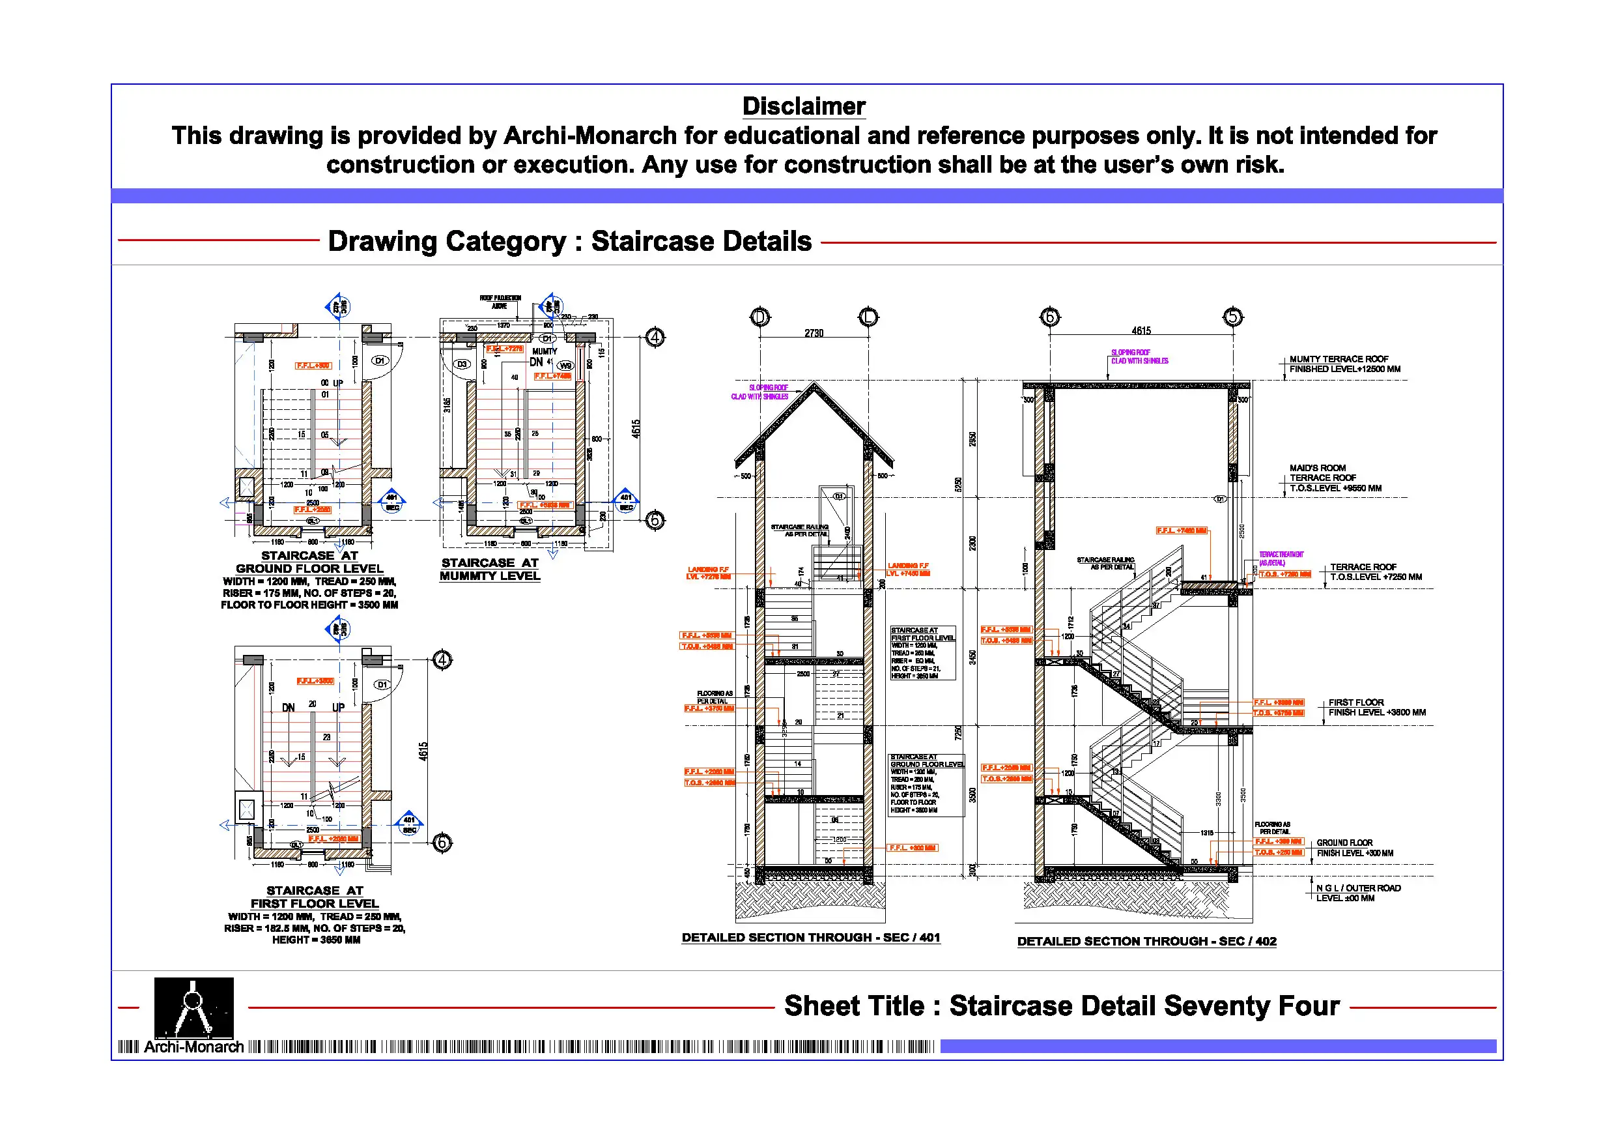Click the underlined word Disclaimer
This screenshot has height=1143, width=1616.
(804, 106)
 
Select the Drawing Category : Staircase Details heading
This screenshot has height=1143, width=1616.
(569, 241)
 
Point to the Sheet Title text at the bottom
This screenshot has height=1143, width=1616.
(1062, 1006)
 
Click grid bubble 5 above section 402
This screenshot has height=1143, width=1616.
(1232, 317)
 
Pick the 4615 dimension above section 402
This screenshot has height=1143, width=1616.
(1141, 330)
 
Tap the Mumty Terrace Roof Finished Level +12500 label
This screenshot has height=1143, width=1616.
(1344, 364)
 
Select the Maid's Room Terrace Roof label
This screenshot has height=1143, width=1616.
(1335, 478)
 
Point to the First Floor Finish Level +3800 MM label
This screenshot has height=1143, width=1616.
(1377, 708)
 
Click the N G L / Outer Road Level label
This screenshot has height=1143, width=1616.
(1359, 893)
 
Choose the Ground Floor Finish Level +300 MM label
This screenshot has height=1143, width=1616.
(1354, 848)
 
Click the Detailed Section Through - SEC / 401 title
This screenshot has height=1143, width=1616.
(811, 937)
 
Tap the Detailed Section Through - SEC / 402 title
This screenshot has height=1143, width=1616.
(1146, 941)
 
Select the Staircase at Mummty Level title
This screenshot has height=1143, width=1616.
(490, 569)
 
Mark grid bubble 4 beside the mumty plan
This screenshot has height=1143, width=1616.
(655, 338)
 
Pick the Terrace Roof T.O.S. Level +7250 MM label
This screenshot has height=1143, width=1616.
(1375, 572)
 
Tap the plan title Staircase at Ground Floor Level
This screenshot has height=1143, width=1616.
(309, 562)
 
